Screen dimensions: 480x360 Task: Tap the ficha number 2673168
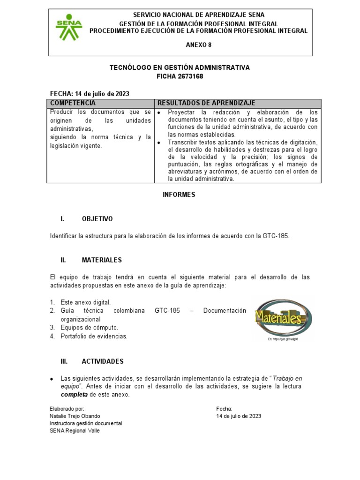[190, 76]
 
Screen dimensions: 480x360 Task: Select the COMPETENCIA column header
[73, 103]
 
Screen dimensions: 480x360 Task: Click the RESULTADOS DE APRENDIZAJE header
[206, 103]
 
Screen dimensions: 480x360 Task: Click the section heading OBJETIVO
[97, 219]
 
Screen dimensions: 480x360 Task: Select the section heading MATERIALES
[102, 260]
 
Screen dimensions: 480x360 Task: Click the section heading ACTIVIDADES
[103, 361]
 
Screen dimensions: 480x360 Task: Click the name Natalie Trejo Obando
[75, 416]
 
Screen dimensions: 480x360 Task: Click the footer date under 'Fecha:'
[239, 416]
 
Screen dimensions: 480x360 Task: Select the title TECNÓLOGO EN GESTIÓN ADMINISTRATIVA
[180, 67]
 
